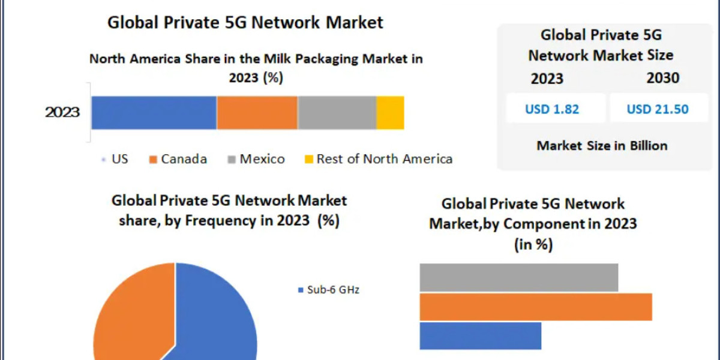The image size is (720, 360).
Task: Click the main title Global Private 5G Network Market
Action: [x=245, y=22]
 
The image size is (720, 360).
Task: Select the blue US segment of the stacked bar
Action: [x=154, y=112]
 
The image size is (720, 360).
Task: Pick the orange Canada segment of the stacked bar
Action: [x=257, y=112]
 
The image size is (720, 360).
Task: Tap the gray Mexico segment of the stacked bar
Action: [x=337, y=112]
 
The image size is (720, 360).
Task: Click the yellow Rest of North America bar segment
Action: [x=390, y=112]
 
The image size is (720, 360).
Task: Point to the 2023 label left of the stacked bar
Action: [x=62, y=112]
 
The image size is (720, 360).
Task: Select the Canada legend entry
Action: [x=178, y=159]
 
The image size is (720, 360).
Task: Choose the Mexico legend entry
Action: [x=256, y=159]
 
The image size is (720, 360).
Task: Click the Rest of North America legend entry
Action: [x=378, y=159]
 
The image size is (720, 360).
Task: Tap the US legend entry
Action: [x=115, y=159]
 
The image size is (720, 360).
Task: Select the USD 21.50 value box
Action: [x=658, y=109]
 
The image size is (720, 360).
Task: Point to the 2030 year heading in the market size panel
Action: [x=662, y=79]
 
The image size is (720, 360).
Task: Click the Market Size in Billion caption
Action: [x=602, y=145]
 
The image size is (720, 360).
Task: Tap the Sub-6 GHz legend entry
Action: [x=329, y=290]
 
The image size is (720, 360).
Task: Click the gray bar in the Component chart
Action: [x=518, y=277]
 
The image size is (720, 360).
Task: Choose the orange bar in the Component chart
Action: [x=535, y=307]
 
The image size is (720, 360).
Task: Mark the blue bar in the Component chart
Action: [x=480, y=335]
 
